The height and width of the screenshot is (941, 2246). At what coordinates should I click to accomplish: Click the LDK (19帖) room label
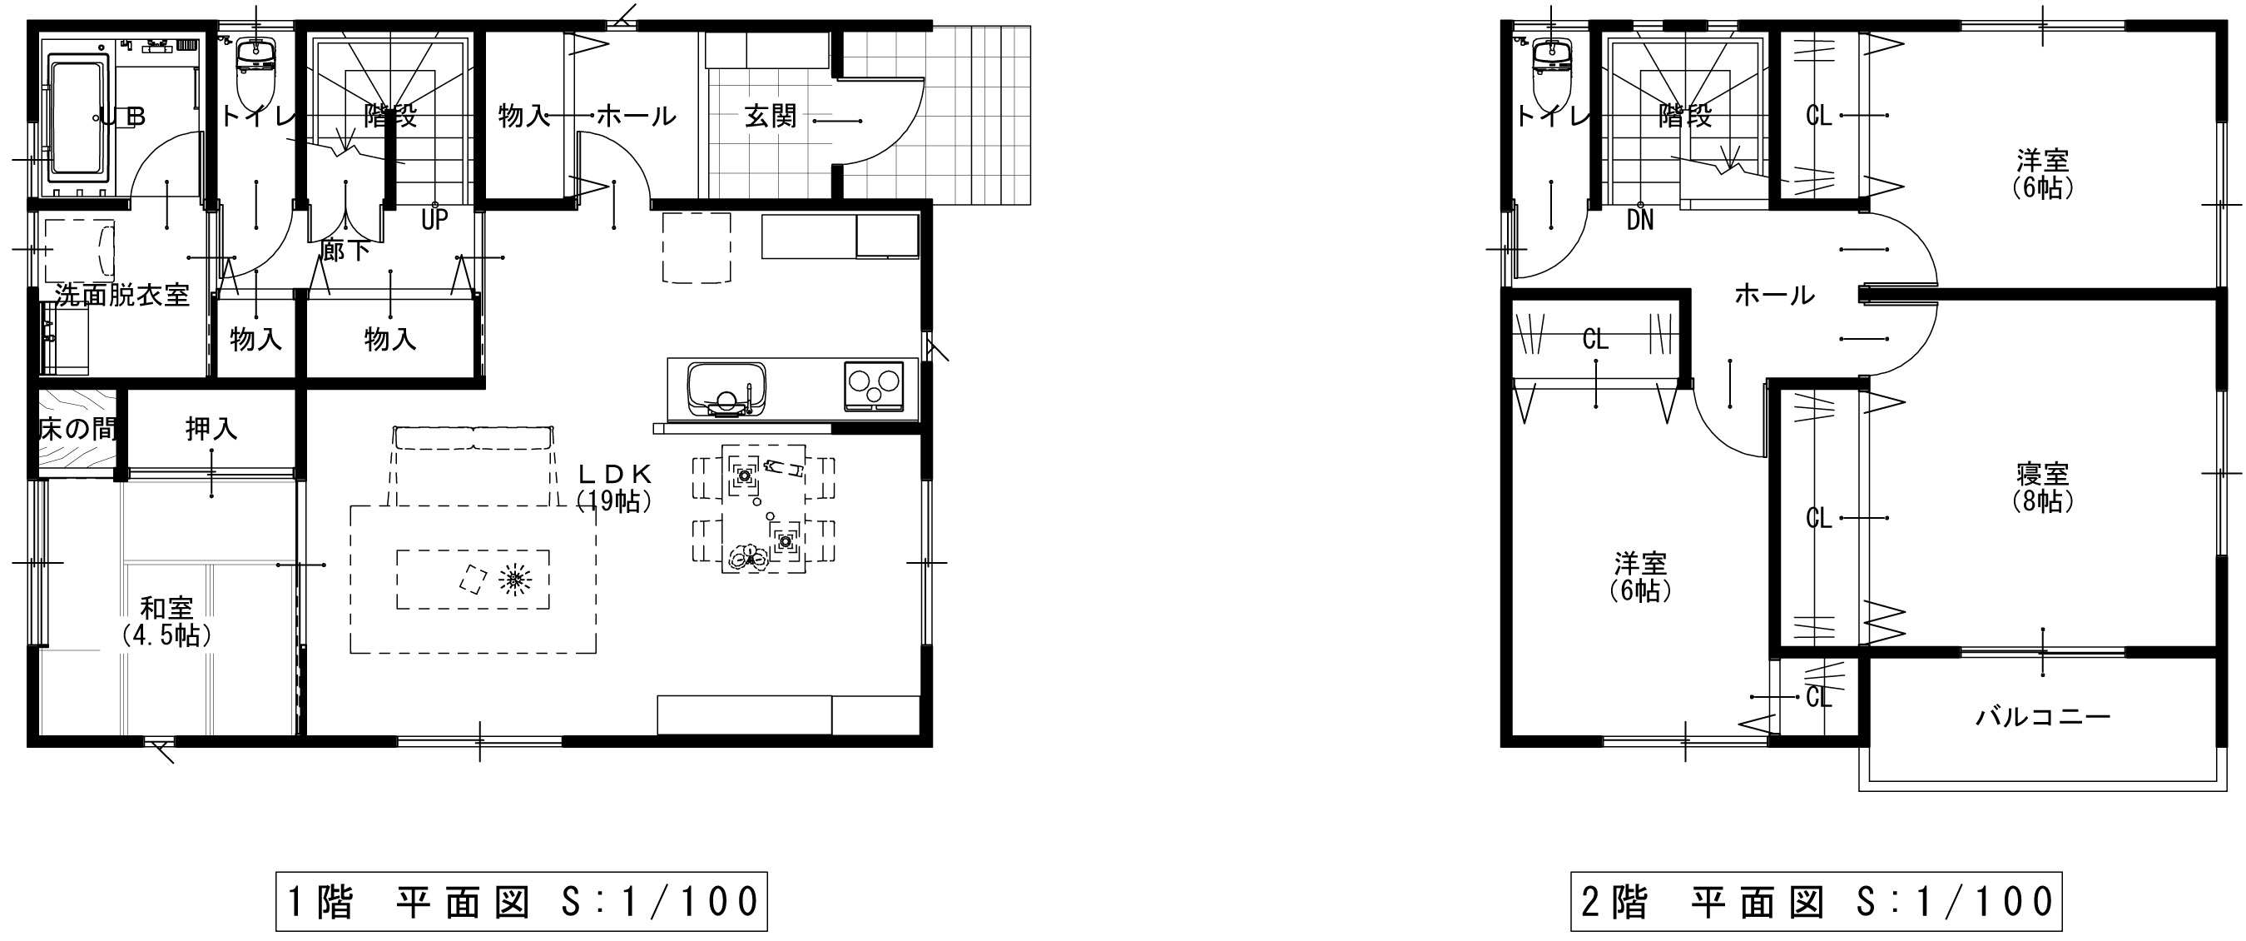click(x=615, y=486)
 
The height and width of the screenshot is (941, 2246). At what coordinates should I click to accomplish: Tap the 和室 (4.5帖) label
click(x=166, y=620)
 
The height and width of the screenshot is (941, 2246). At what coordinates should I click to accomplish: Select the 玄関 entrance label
click(x=771, y=115)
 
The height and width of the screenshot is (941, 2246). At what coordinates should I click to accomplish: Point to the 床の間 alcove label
click(x=77, y=429)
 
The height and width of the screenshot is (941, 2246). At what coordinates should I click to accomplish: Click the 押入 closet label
click(x=211, y=428)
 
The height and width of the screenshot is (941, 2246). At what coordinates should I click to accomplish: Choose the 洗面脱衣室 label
click(x=122, y=295)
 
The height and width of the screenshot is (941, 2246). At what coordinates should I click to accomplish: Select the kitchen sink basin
click(x=726, y=389)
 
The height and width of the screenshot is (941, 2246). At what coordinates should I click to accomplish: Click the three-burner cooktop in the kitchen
click(x=874, y=386)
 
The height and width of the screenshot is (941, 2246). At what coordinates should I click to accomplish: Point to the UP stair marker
click(x=434, y=219)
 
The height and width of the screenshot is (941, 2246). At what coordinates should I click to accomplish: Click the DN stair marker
click(x=1640, y=219)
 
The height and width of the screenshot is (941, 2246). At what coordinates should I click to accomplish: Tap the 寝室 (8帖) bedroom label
click(x=2043, y=486)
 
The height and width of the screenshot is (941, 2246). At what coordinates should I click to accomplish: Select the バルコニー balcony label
click(x=2043, y=717)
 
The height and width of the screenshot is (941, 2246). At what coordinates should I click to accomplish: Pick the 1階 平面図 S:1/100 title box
click(x=522, y=901)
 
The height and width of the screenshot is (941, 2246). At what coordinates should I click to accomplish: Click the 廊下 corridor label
click(x=345, y=251)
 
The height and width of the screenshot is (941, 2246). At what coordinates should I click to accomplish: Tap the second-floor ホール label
click(x=1774, y=295)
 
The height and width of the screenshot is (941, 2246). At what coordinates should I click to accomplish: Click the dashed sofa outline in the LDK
click(x=473, y=466)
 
